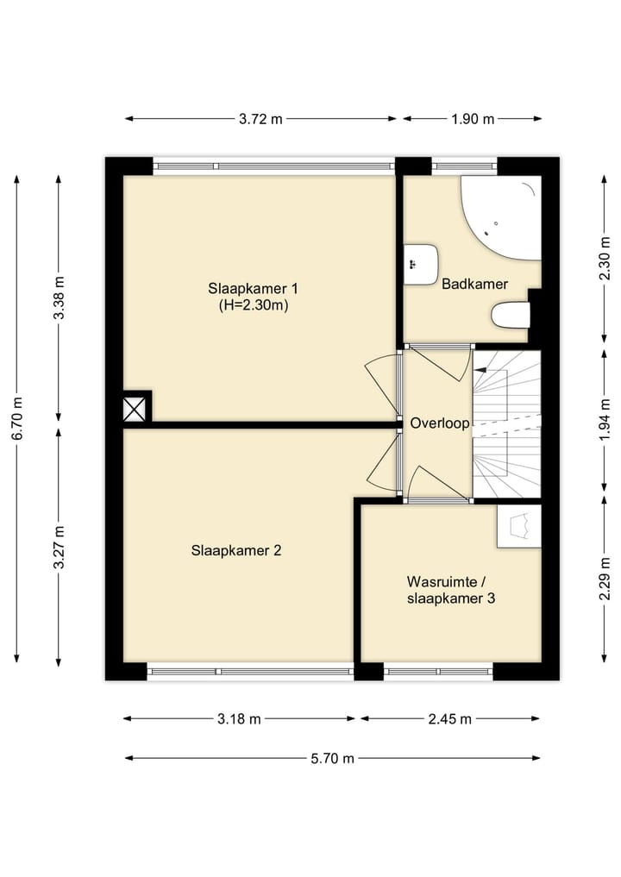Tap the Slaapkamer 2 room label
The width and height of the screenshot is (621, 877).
tap(236, 550)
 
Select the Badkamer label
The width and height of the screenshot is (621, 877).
tap(474, 284)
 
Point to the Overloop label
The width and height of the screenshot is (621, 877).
tap(439, 423)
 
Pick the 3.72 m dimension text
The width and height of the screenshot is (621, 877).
tap(260, 119)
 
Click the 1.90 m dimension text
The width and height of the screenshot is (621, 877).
tap(473, 119)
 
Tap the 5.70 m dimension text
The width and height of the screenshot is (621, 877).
tap(332, 758)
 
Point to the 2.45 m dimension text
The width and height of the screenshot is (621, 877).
tap(451, 719)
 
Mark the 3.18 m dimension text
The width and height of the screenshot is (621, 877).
tap(239, 719)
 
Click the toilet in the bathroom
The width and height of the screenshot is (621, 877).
tap(509, 315)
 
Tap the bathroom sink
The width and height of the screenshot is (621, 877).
tap(422, 263)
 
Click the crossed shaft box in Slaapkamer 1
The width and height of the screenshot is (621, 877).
tap(134, 408)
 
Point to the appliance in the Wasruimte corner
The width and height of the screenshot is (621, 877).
tap(519, 525)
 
